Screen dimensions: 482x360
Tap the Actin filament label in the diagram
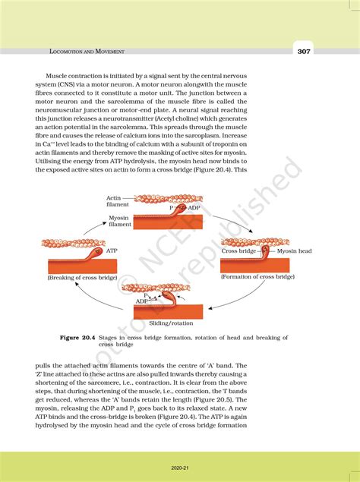(x=118, y=201)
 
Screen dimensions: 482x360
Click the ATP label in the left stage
(x=112, y=249)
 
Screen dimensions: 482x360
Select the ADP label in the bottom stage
(x=142, y=301)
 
